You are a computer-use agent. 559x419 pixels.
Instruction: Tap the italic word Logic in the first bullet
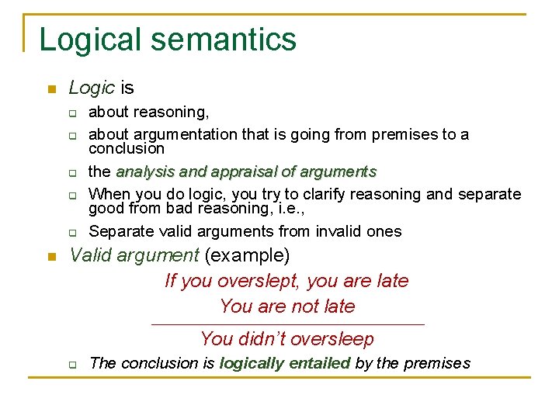pos(92,88)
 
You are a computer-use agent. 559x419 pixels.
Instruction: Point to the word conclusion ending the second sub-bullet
pos(127,148)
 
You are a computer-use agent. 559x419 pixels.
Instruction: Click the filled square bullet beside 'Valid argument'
pos(50,256)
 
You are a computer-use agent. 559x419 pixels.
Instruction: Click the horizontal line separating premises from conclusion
pos(287,324)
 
